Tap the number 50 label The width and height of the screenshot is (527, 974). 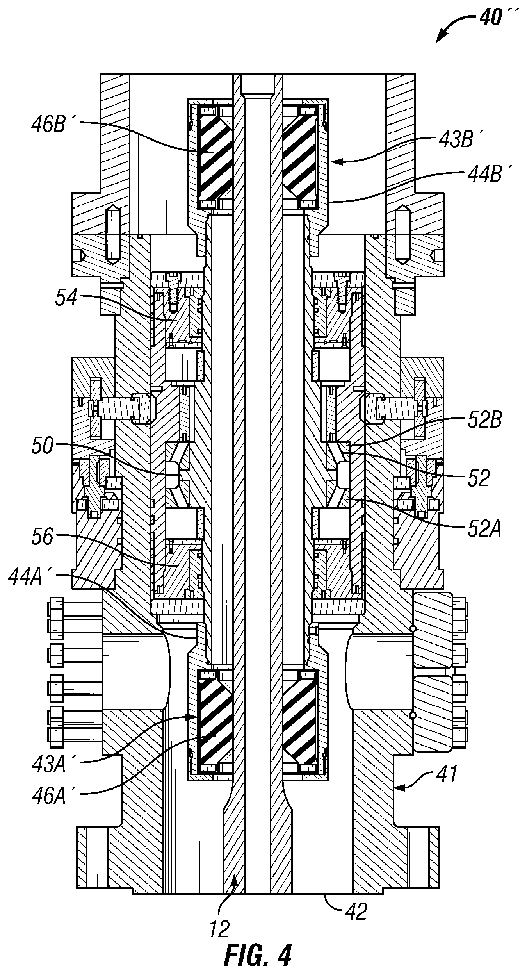point(42,446)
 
